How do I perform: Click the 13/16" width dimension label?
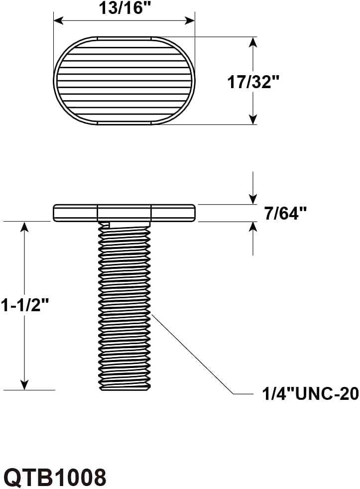[x=125, y=8]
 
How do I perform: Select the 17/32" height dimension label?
[x=252, y=82]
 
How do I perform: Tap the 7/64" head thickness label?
[x=285, y=214]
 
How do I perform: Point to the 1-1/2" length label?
[x=25, y=305]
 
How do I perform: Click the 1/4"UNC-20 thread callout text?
[x=310, y=393]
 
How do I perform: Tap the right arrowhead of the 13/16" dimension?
[x=190, y=21]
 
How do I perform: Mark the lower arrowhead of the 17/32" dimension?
[x=253, y=120]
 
